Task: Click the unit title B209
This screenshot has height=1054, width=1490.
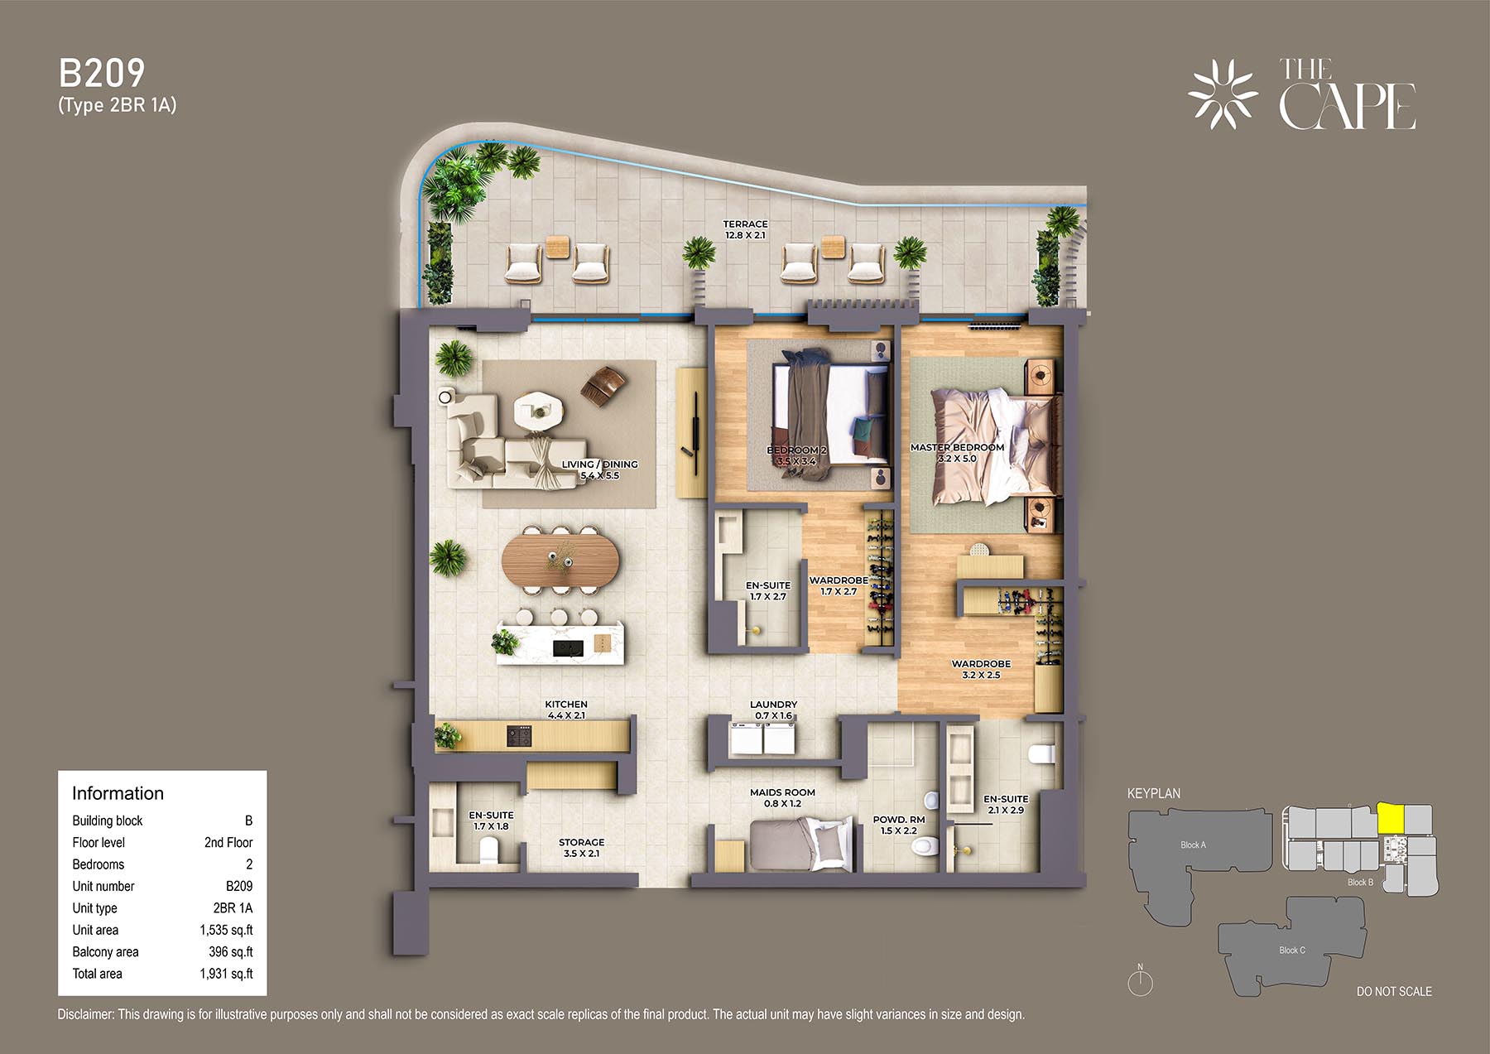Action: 102,74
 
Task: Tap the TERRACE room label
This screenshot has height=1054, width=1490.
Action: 745,224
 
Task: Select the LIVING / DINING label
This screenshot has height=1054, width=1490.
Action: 600,464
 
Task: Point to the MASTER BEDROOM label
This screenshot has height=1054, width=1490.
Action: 957,447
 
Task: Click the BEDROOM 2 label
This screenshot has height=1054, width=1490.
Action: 796,450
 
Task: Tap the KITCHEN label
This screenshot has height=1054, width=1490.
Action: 566,705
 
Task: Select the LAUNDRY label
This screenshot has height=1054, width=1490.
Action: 773,705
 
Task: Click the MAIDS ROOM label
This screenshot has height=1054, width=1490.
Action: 782,792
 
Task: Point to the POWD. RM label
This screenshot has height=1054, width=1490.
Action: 899,820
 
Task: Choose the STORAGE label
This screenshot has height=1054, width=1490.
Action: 581,842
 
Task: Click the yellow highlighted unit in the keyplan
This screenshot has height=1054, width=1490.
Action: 1391,819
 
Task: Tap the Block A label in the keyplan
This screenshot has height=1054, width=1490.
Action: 1193,845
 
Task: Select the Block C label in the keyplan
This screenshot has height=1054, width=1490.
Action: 1292,950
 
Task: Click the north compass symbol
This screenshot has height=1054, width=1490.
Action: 1141,980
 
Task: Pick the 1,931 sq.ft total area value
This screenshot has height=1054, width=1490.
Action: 226,974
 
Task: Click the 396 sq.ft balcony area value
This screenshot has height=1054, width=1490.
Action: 231,952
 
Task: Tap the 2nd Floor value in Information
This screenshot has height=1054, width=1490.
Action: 228,842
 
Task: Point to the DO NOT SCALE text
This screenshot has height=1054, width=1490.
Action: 1394,991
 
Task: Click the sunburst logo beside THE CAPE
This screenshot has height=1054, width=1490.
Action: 1223,94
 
